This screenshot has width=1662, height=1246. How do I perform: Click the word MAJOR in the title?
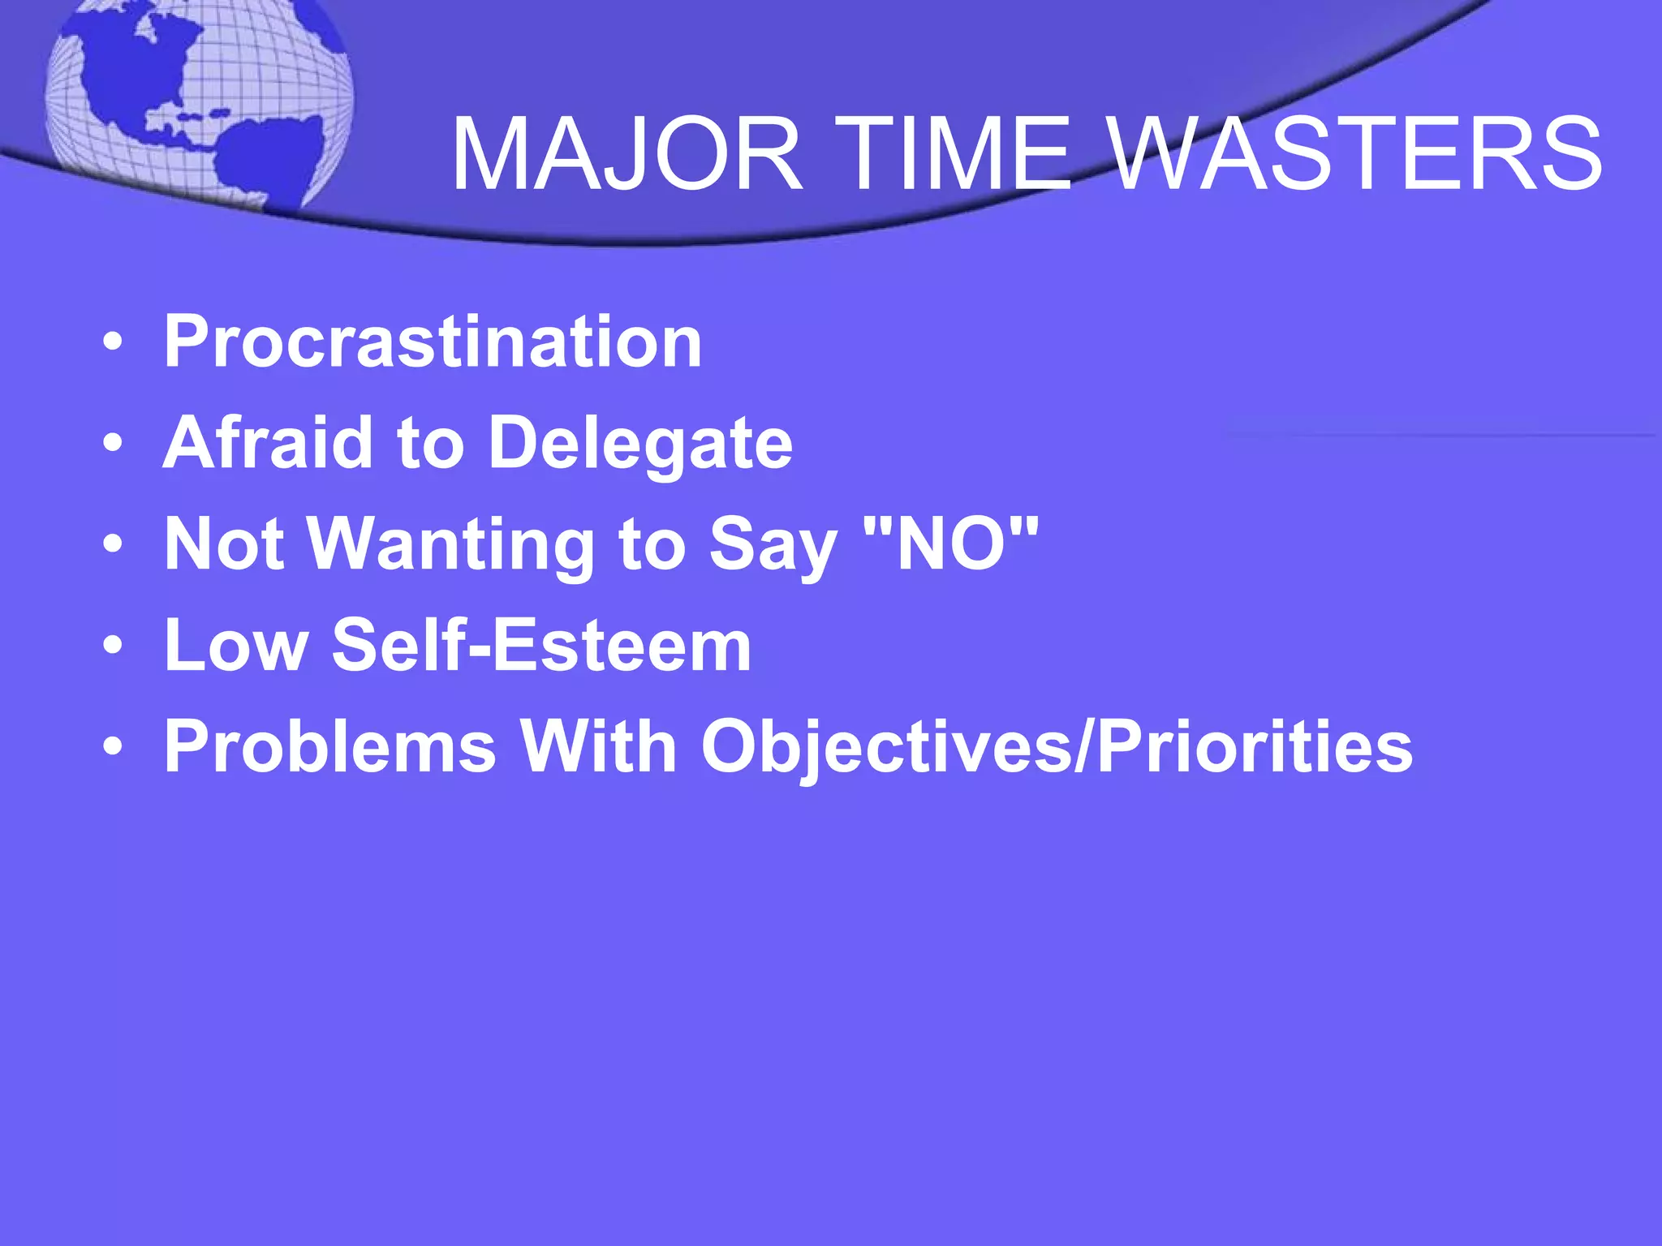[626, 154]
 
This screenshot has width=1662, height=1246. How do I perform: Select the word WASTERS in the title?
[1355, 154]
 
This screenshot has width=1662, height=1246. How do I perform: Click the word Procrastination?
[433, 342]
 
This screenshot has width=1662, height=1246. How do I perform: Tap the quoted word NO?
[951, 544]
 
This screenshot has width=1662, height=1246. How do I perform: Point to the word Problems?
[329, 746]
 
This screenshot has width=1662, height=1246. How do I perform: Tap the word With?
[599, 746]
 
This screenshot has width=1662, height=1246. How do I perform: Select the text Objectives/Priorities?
[1057, 748]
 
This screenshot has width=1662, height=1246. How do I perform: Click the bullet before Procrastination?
[114, 342]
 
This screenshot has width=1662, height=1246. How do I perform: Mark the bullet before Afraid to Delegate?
[114, 444]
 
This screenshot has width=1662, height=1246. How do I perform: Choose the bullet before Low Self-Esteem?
[114, 646]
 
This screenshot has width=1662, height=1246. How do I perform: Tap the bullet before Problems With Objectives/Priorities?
[114, 747]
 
